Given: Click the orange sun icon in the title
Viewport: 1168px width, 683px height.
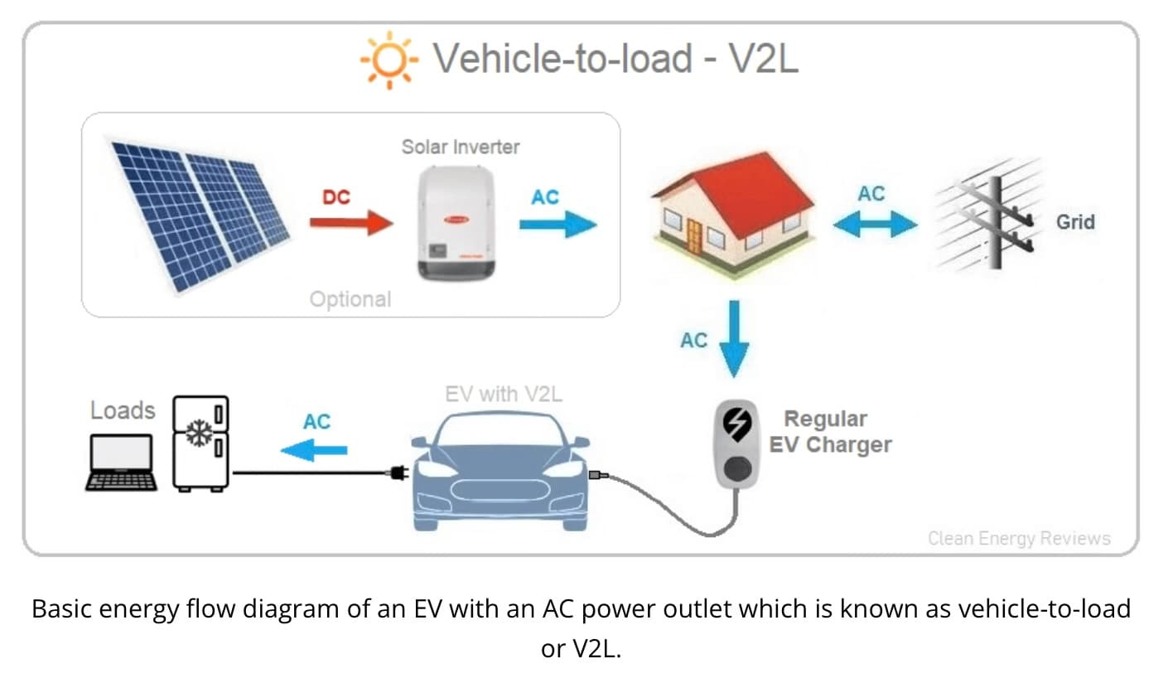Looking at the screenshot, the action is (389, 60).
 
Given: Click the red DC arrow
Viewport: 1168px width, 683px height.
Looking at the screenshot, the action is (351, 223).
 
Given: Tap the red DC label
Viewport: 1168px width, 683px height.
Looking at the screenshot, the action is (336, 197).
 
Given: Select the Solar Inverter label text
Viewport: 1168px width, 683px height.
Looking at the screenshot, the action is (461, 148).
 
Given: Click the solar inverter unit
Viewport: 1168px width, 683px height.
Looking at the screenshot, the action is (456, 223).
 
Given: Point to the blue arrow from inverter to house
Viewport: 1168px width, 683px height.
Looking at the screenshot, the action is (558, 225).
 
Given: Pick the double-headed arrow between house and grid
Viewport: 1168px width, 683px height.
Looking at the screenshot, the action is (875, 225).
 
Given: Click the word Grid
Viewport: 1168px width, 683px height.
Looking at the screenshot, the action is (1075, 222).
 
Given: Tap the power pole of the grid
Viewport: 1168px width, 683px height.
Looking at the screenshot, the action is (996, 223).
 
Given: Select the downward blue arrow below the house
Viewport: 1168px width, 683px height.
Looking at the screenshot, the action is (734, 339).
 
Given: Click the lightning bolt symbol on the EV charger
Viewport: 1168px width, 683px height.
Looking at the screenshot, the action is (736, 424).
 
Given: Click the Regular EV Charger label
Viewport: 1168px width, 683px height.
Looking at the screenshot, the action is (830, 432).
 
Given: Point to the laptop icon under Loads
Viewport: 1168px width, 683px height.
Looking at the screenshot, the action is (121, 463).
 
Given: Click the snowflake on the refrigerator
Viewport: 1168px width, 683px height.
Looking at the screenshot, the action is (200, 433).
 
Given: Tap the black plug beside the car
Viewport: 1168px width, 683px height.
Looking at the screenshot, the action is (399, 473).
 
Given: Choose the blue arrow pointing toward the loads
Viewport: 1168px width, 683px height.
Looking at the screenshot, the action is (315, 450).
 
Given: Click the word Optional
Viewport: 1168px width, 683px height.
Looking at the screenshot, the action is (350, 299).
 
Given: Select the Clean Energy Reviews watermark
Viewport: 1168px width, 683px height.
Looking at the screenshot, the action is (1020, 538).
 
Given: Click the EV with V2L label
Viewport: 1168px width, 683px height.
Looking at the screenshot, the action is (504, 395).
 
